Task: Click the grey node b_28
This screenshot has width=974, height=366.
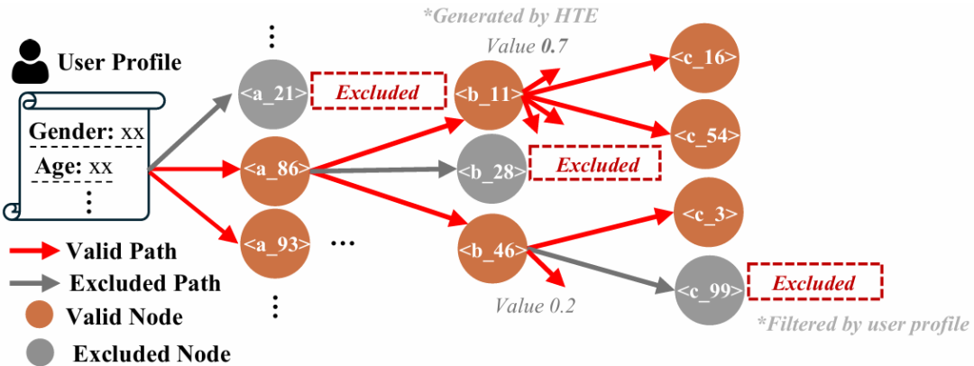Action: point(492,169)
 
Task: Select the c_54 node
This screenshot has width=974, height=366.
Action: point(705,134)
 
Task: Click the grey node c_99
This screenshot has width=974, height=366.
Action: point(708,289)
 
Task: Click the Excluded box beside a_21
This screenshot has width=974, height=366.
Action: point(379,92)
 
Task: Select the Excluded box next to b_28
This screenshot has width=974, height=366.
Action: point(596,165)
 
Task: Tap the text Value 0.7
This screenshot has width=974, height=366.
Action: point(528,45)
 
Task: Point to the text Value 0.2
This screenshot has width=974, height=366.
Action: point(536,305)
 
